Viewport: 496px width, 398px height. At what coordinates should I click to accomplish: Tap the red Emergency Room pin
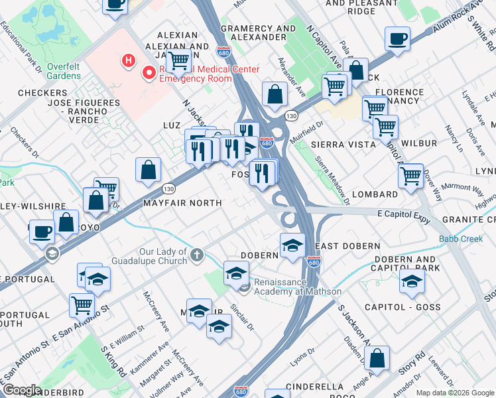pos(150,72)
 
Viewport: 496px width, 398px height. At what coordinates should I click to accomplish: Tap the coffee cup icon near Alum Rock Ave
pos(397,38)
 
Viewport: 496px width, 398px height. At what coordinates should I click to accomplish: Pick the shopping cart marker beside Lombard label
pos(411,176)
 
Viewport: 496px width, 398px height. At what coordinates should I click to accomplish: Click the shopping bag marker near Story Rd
pos(377,358)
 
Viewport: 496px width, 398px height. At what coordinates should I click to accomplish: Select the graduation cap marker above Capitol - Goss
pos(412,281)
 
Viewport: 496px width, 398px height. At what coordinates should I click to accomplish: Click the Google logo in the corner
pos(22,390)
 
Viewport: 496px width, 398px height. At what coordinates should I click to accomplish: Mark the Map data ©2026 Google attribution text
pos(454,393)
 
